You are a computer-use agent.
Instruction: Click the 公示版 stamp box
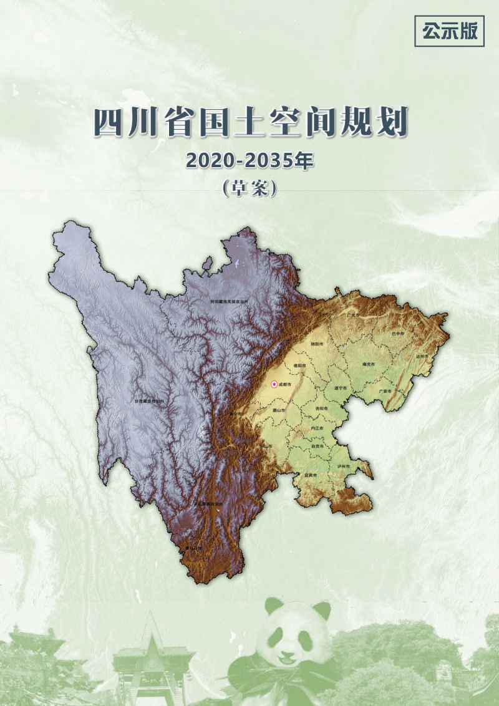pos(449,31)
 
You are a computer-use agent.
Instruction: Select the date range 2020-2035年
pos(249,161)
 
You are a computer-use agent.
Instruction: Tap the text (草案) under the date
pos(249,188)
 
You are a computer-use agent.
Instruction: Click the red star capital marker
pos(274,384)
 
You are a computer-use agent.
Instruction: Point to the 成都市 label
pos(285,384)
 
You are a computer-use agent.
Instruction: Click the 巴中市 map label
pos(397,334)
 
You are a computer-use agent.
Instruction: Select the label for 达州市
pos(422,356)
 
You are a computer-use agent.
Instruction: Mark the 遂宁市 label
pos(340,387)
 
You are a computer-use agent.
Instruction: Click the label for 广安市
pos(385,391)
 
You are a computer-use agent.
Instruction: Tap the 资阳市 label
pos(322,408)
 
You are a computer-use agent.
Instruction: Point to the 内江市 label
pos(317,428)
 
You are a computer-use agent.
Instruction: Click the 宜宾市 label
pos(311,475)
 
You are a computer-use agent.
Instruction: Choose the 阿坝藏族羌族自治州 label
pos(229,301)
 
